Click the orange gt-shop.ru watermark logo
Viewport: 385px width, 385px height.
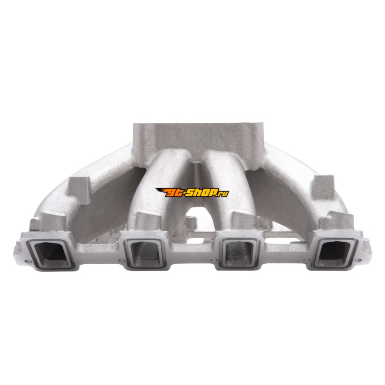[x=192, y=192]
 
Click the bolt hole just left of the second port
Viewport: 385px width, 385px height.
[x=120, y=260]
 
